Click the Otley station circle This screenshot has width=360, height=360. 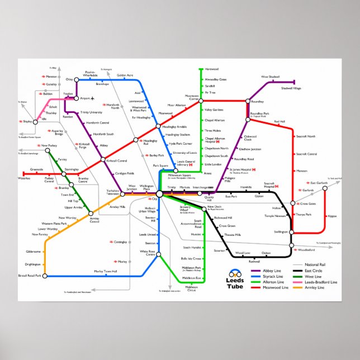click(76, 79)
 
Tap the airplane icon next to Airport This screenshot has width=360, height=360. click(92, 98)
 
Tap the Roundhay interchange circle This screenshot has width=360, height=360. click(247, 101)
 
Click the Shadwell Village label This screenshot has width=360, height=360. click(291, 88)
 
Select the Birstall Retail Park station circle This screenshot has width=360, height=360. click(44, 276)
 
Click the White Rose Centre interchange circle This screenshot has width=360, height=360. click(159, 254)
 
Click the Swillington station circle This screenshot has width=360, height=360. click(292, 231)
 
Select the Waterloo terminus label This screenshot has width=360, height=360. click(24, 178)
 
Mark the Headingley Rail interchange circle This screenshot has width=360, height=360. click(135, 140)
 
